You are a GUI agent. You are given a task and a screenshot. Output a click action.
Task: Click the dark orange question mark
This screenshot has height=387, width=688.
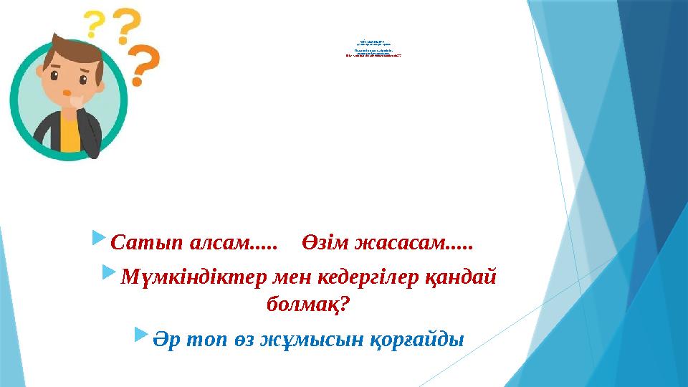(x=145, y=66)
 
